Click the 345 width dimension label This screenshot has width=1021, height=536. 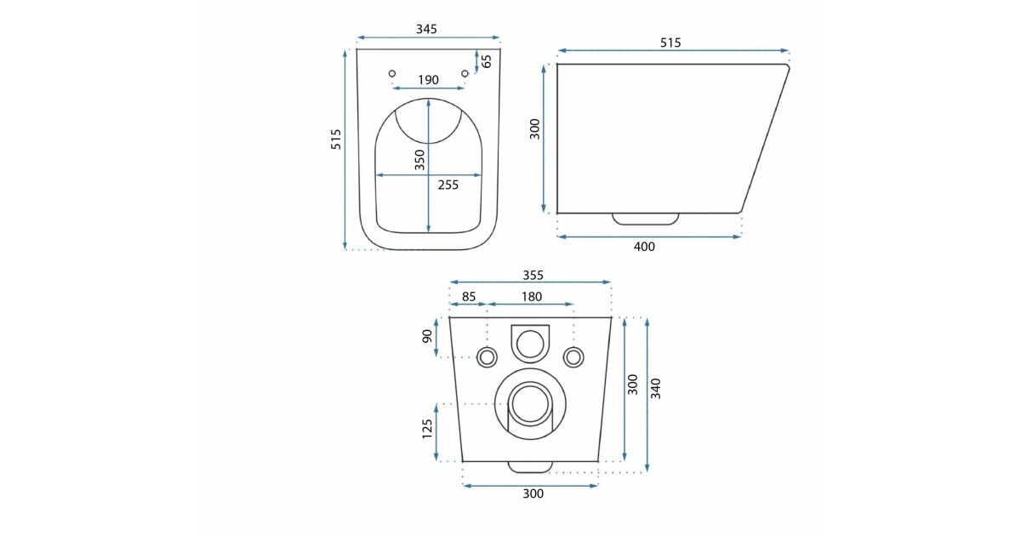[x=426, y=29]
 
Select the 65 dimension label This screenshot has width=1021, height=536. [x=487, y=61]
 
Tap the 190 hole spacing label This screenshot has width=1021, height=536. [x=428, y=80]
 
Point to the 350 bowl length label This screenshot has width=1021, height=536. [x=419, y=160]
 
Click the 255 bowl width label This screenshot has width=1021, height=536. [x=448, y=185]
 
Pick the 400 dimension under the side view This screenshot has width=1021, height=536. [x=644, y=247]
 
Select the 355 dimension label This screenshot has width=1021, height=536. [x=533, y=276]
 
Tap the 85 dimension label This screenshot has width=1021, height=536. [x=469, y=297]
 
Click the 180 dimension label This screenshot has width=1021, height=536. [x=532, y=297]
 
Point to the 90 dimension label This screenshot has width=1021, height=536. [x=427, y=336]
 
